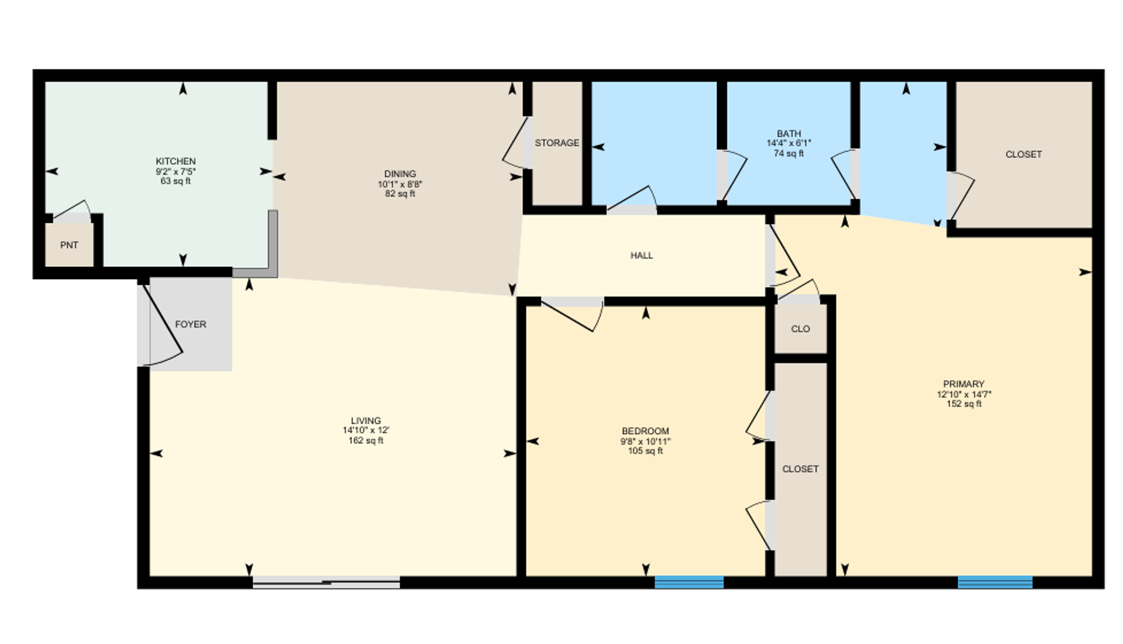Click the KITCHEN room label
pyautogui.click(x=175, y=161)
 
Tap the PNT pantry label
pyautogui.click(x=69, y=245)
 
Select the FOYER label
pyautogui.click(x=191, y=324)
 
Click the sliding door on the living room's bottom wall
pyautogui.click(x=326, y=582)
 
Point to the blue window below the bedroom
pyautogui.click(x=688, y=582)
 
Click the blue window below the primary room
pyautogui.click(x=994, y=582)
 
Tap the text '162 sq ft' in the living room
pyautogui.click(x=366, y=440)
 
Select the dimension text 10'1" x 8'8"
pyautogui.click(x=399, y=184)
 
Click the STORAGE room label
pyautogui.click(x=557, y=143)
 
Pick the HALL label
pyautogui.click(x=642, y=256)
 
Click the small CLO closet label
pyautogui.click(x=800, y=329)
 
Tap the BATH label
pyautogui.click(x=788, y=133)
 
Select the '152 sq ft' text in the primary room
pyautogui.click(x=963, y=404)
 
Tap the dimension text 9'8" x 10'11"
pyautogui.click(x=645, y=442)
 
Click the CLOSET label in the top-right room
pyautogui.click(x=1023, y=154)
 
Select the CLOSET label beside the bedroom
pyautogui.click(x=800, y=469)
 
